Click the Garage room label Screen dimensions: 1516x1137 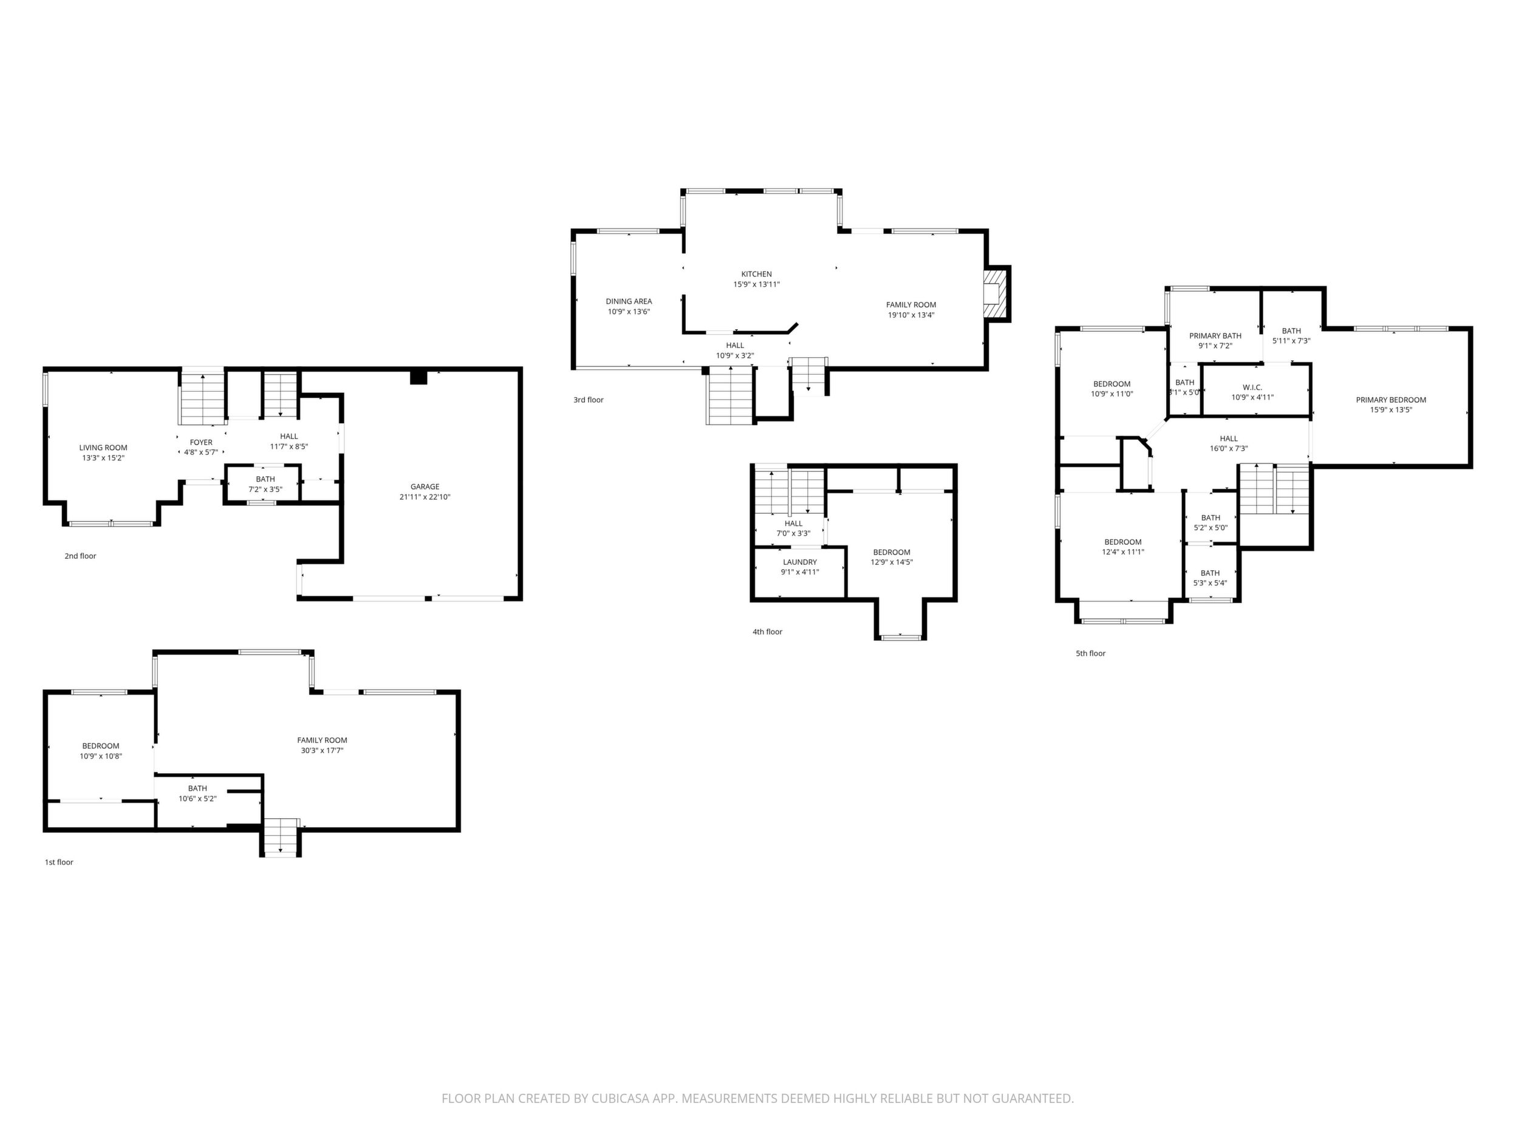(425, 487)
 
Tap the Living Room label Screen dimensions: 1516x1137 (103, 448)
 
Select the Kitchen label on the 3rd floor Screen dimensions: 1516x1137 (757, 274)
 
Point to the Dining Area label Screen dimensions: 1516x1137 (629, 301)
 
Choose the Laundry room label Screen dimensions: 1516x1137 (800, 562)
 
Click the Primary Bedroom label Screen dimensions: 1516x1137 (1391, 400)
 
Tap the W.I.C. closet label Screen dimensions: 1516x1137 (1252, 388)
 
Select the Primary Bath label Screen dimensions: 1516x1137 (1215, 336)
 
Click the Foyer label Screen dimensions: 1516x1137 (202, 442)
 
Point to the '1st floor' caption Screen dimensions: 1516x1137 (59, 862)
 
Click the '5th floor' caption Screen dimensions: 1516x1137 (1090, 653)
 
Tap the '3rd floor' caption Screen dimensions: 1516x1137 (589, 400)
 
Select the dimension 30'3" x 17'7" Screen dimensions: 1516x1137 (322, 751)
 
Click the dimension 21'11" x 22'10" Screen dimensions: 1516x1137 (425, 497)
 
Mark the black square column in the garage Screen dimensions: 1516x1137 (418, 377)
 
